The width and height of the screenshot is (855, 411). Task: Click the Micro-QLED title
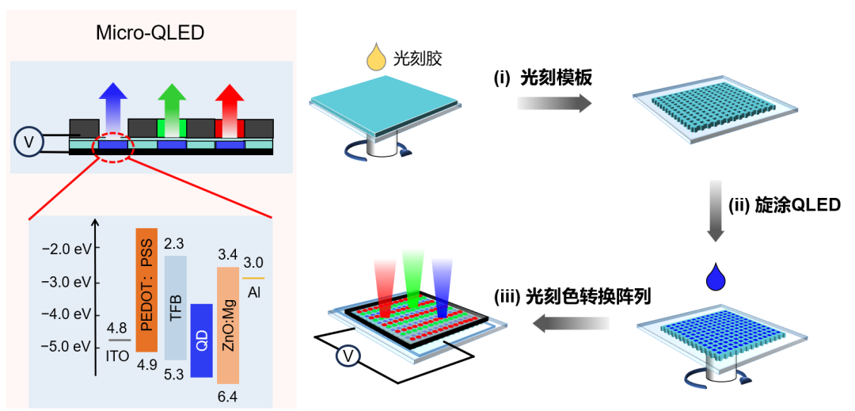(150, 33)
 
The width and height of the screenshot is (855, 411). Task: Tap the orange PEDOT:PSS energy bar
(147, 290)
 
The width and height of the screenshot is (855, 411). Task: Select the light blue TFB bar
(176, 307)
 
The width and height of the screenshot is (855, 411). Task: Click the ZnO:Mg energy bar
(228, 325)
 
